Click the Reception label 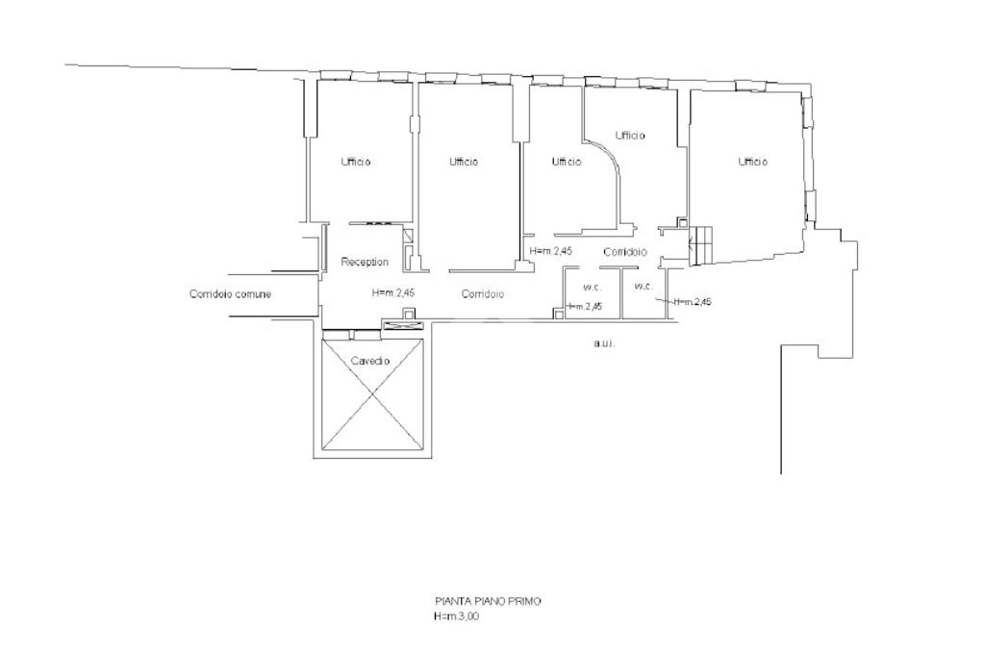coord(365,262)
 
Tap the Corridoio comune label coord(230,293)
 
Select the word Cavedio coord(370,361)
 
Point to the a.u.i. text coord(604,343)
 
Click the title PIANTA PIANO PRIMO coord(488,601)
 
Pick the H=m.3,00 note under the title coord(456,617)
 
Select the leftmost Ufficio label coord(356,162)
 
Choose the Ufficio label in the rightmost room coord(752,162)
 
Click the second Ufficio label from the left coord(464,162)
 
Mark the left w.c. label coord(592,288)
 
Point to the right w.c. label coord(644,286)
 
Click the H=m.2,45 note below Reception coord(393,292)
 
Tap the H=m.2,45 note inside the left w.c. coord(584,307)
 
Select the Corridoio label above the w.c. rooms coord(625,252)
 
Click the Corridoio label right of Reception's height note coord(483,293)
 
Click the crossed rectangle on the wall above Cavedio coord(404,325)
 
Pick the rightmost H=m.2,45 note coord(693,302)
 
